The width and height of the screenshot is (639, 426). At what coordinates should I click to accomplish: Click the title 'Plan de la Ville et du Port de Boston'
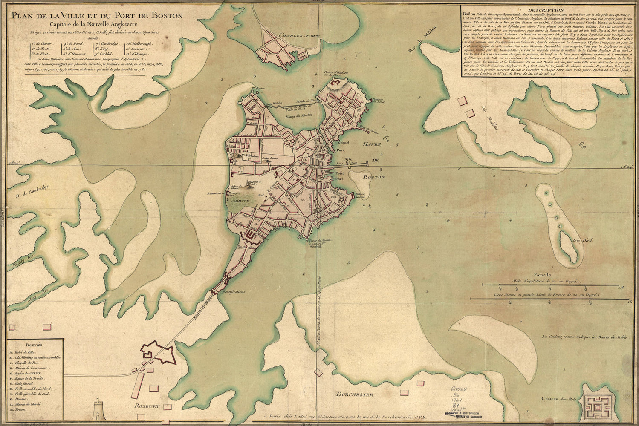tap(97, 16)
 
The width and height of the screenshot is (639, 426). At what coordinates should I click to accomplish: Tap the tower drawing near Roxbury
tap(98, 412)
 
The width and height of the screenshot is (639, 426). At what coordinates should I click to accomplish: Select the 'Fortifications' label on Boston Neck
tap(233, 292)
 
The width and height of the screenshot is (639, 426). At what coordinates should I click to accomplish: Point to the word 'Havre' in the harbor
tap(372, 145)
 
